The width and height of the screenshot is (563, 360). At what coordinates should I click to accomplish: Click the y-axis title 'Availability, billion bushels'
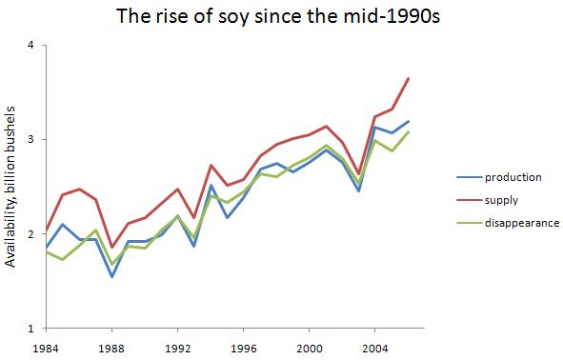point(10,187)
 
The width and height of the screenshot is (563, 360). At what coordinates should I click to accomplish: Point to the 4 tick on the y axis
point(31,45)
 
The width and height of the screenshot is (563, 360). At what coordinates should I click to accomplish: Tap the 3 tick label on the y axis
point(31,139)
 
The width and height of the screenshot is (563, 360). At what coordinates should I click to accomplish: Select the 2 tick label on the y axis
point(31,233)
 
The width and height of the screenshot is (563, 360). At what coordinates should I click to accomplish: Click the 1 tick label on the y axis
point(31,328)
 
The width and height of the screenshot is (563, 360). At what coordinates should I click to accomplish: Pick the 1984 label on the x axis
point(46,347)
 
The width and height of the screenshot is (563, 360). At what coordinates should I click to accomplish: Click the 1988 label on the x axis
point(112,347)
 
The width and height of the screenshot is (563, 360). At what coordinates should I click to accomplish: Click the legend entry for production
point(513,177)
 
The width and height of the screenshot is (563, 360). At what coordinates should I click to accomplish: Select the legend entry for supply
point(500,200)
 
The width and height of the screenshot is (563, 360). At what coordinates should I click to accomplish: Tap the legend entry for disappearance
point(521,223)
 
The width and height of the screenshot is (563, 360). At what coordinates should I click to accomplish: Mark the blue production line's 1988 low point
point(112,277)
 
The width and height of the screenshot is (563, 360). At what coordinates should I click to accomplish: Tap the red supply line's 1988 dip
point(112,247)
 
